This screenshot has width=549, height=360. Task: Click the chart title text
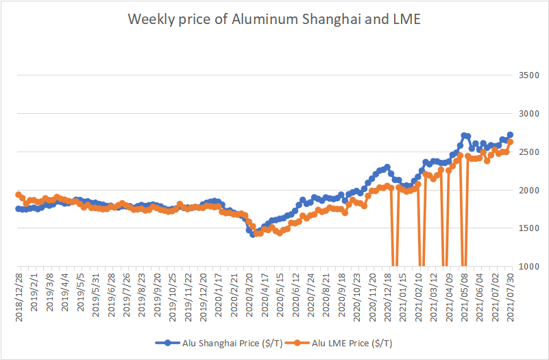click(274, 20)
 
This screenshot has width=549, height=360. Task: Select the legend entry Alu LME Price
click(346, 342)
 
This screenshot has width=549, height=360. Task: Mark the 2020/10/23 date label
click(357, 295)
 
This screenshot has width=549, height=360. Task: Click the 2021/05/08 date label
click(464, 295)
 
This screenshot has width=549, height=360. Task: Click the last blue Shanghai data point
click(510, 135)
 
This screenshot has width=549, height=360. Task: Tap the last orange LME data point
click(510, 142)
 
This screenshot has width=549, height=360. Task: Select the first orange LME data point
click(19, 195)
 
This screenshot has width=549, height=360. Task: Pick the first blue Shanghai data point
click(19, 208)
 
